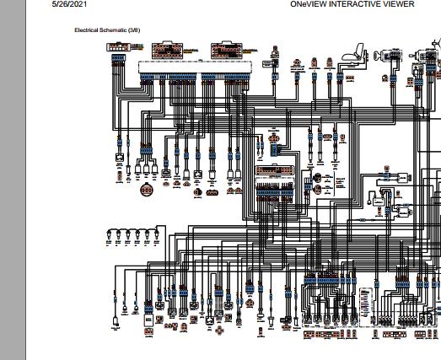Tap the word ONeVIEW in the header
point(309,4)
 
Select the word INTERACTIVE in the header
point(358,4)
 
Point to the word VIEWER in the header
point(400,4)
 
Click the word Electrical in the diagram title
point(88,30)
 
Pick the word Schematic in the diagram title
point(114,30)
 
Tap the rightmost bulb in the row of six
point(158,234)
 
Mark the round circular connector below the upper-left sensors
point(148,189)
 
